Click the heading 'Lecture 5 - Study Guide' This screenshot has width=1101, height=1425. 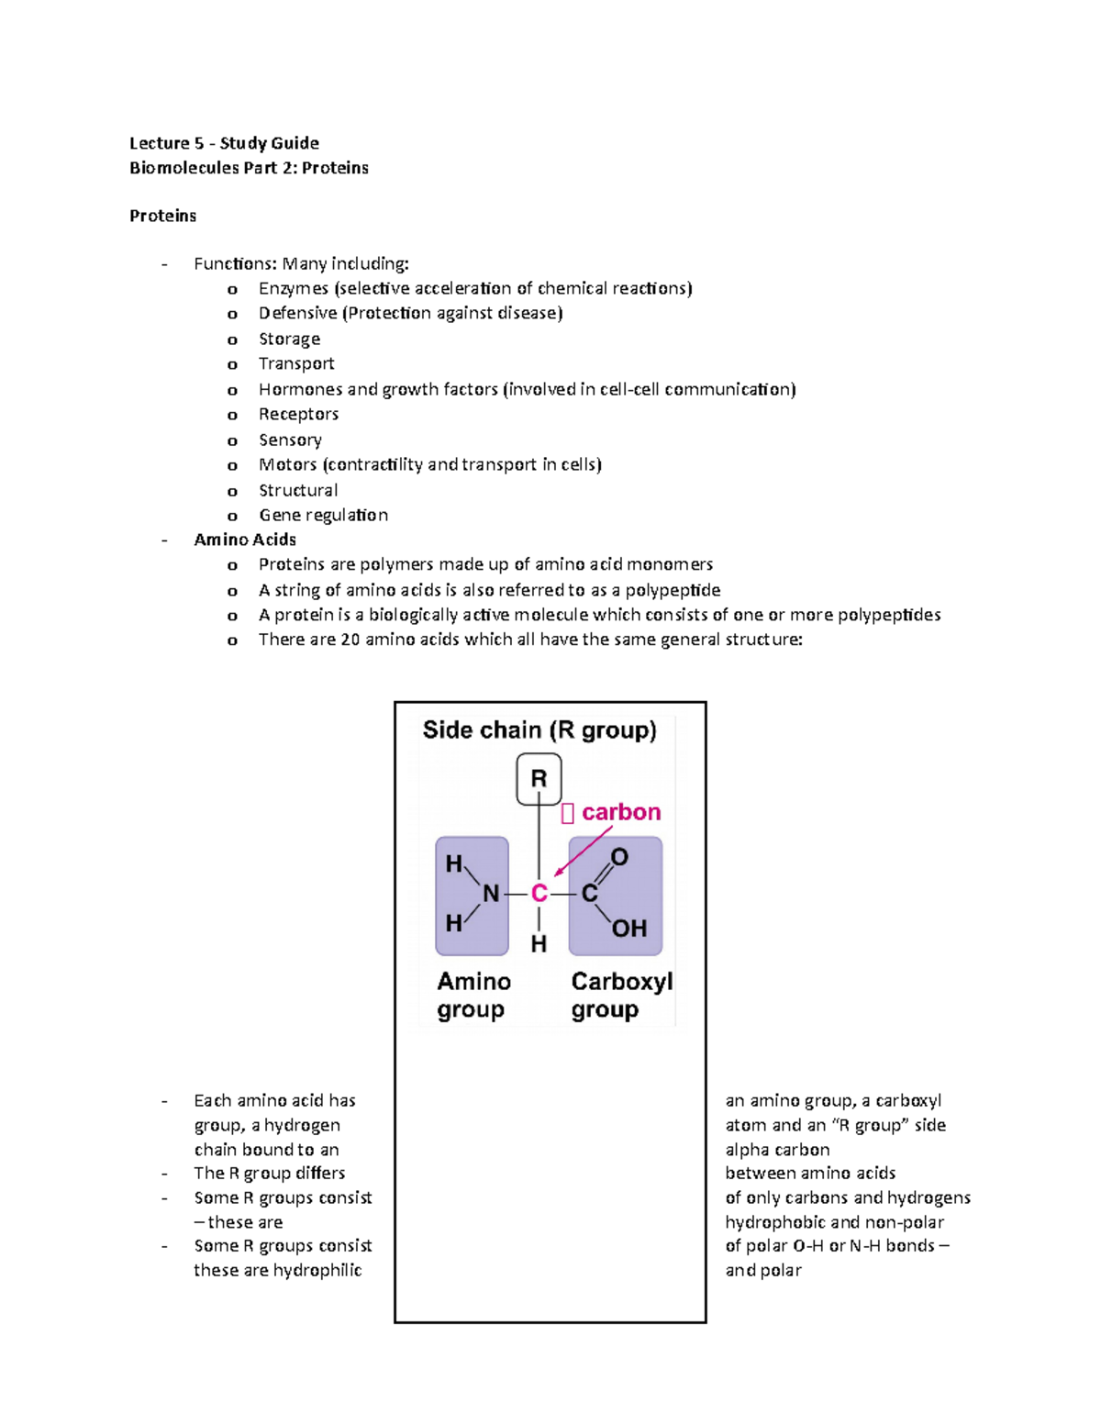[x=224, y=143]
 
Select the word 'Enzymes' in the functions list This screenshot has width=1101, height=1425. [x=293, y=288]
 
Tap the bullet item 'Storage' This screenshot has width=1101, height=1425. [x=289, y=339]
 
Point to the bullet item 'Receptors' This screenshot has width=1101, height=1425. [x=298, y=414]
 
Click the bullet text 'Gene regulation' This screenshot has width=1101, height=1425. [x=323, y=515]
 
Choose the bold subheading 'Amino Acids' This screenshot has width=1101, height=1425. [x=245, y=540]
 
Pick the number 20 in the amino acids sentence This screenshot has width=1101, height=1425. [x=350, y=640]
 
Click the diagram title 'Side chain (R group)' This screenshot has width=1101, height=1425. [x=539, y=730]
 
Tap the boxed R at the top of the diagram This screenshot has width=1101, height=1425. [x=539, y=779]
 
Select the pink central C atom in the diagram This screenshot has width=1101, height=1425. [x=539, y=893]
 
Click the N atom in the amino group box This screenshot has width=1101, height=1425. [x=491, y=893]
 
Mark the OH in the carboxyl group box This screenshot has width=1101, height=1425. [x=629, y=929]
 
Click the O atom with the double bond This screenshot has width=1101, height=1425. [x=619, y=857]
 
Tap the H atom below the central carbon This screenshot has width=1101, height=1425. [x=539, y=943]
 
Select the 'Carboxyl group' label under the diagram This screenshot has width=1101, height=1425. [x=621, y=996]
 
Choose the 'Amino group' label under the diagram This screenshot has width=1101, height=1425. [x=473, y=996]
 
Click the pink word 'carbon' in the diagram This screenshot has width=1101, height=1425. [x=621, y=812]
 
